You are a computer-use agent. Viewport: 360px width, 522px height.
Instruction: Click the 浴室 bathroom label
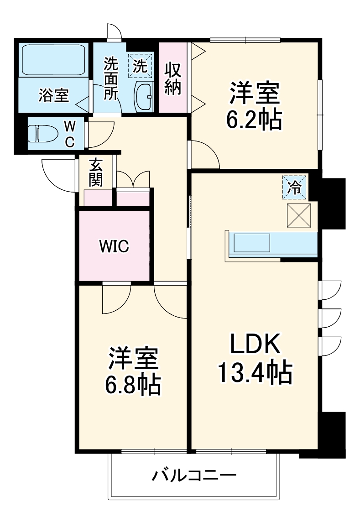tap(54, 96)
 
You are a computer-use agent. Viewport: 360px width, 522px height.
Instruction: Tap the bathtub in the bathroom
tap(54, 60)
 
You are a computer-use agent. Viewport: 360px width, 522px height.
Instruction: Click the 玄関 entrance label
tap(96, 172)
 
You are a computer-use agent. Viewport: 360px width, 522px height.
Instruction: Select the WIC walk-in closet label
tap(114, 246)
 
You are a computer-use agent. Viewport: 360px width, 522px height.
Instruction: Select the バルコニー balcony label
tap(194, 477)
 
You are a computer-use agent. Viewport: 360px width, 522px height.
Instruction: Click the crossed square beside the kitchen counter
tap(299, 215)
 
